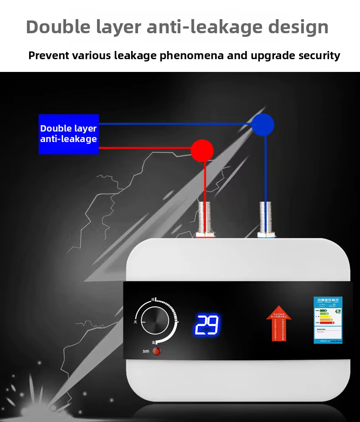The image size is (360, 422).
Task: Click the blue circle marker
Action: pos(263,124)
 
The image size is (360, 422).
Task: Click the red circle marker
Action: pos(202,151)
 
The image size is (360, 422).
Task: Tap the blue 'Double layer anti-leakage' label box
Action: pos(68,134)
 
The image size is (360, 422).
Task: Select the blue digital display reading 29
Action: pos(207,325)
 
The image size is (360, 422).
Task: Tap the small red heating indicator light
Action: pos(156,351)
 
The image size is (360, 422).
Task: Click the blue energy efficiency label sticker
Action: pos(328,320)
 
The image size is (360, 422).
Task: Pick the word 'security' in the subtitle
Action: pos(319,56)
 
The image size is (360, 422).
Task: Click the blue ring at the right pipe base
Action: pos(266,235)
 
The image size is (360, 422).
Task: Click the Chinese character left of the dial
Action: pos(135,322)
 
